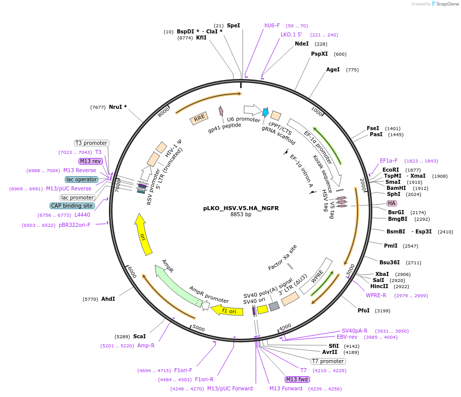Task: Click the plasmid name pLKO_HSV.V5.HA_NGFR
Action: pyautogui.click(x=241, y=208)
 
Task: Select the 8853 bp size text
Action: pyautogui.click(x=241, y=214)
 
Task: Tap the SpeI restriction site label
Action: pyautogui.click(x=233, y=25)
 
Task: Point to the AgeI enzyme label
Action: pyautogui.click(x=333, y=69)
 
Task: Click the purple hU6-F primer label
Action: pyautogui.click(x=272, y=25)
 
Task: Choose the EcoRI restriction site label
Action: pyautogui.click(x=391, y=170)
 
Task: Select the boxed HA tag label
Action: pyautogui.click(x=392, y=203)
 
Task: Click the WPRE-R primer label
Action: pyautogui.click(x=376, y=295)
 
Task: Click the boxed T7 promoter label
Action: pyautogui.click(x=328, y=361)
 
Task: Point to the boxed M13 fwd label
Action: pyautogui.click(x=297, y=379)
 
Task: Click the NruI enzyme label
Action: pyautogui.click(x=118, y=107)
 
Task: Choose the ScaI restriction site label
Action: pyautogui.click(x=139, y=336)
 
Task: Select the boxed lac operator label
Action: pyautogui.click(x=81, y=179)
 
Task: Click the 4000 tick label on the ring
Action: pyautogui.click(x=285, y=327)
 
